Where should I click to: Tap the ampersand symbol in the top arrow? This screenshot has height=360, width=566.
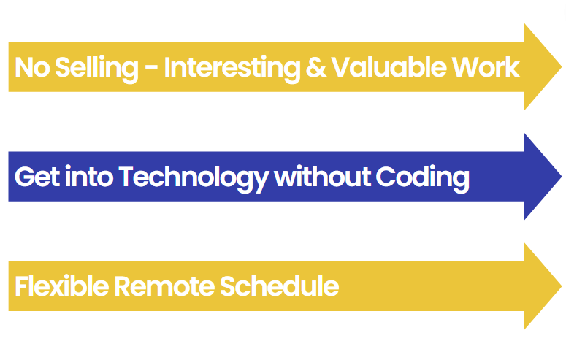click(x=315, y=67)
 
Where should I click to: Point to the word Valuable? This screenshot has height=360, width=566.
click(x=389, y=66)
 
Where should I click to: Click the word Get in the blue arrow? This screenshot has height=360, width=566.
click(x=37, y=177)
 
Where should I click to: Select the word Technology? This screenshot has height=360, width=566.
click(x=194, y=178)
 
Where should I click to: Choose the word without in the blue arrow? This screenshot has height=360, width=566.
click(x=323, y=176)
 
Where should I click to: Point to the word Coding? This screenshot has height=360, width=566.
click(x=422, y=178)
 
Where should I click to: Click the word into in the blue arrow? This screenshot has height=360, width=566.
click(x=89, y=176)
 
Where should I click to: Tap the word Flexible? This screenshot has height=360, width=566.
click(x=62, y=286)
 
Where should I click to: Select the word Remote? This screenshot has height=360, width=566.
click(x=164, y=286)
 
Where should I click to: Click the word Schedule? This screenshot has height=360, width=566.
click(x=279, y=286)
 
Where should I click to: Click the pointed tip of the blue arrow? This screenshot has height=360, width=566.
click(x=562, y=176)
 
